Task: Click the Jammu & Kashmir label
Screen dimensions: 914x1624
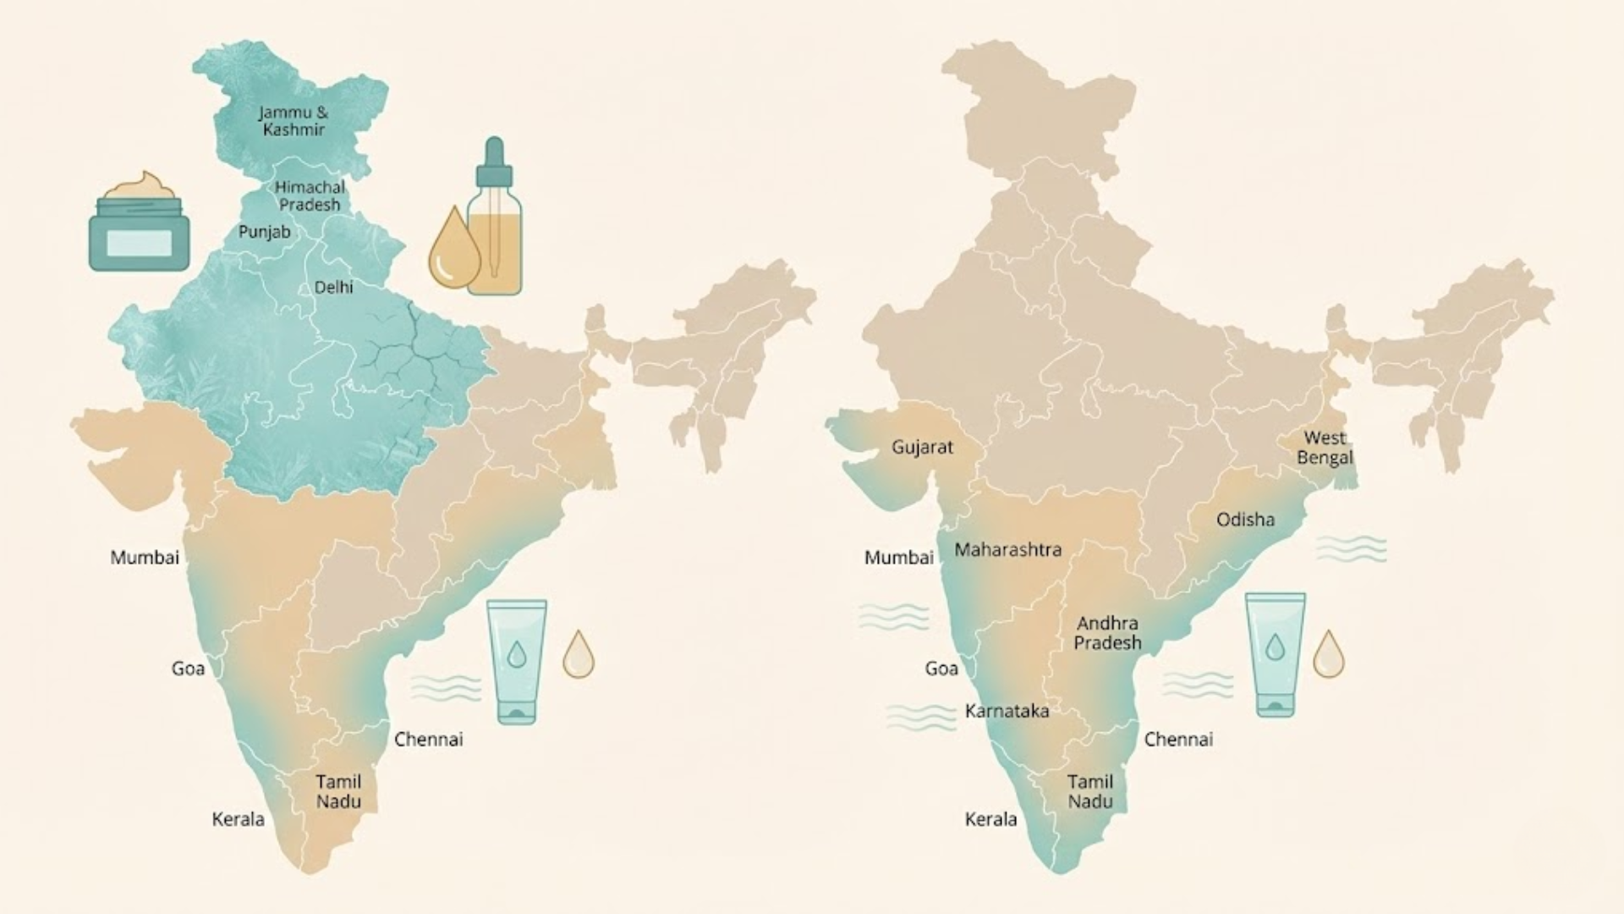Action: coord(294,121)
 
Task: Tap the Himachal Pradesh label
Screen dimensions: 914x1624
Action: coord(310,195)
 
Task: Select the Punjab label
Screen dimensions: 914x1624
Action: coord(264,232)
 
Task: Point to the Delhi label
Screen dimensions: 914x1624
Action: coord(334,288)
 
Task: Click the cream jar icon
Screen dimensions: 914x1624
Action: coord(139,224)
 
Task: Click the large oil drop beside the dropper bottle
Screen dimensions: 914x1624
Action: coord(454,250)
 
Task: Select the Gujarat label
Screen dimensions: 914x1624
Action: coord(922,447)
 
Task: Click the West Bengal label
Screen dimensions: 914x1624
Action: coord(1325,448)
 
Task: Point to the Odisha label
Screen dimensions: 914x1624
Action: coord(1245,520)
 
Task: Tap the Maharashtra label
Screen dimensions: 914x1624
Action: coord(1007,550)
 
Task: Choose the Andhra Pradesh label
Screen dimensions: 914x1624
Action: coord(1107,633)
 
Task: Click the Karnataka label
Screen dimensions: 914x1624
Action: coord(1007,711)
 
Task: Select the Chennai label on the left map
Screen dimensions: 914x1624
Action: coord(429,740)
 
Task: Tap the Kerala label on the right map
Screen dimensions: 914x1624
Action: coord(990,819)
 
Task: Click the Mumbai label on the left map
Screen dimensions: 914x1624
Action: coord(145,558)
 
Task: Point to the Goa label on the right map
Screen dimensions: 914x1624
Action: coord(941,669)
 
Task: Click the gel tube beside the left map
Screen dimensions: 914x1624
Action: coord(516,662)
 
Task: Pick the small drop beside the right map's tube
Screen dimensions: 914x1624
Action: coord(1328,654)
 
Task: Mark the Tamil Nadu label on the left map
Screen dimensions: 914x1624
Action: coord(338,791)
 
